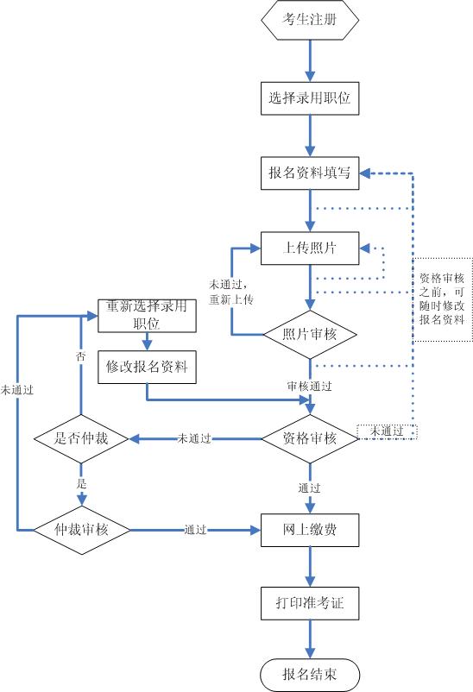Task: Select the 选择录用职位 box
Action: point(310,100)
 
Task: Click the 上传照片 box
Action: point(310,248)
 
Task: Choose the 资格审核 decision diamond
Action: point(310,438)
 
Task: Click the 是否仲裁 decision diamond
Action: point(82,438)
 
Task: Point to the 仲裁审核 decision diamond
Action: point(82,528)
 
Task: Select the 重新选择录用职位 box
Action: point(147,315)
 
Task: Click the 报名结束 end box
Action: point(310,673)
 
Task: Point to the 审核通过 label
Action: point(310,387)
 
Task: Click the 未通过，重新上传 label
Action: point(230,292)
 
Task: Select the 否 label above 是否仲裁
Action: point(81,355)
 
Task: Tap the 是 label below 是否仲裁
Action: point(81,484)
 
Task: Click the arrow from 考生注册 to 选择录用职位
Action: point(310,60)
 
